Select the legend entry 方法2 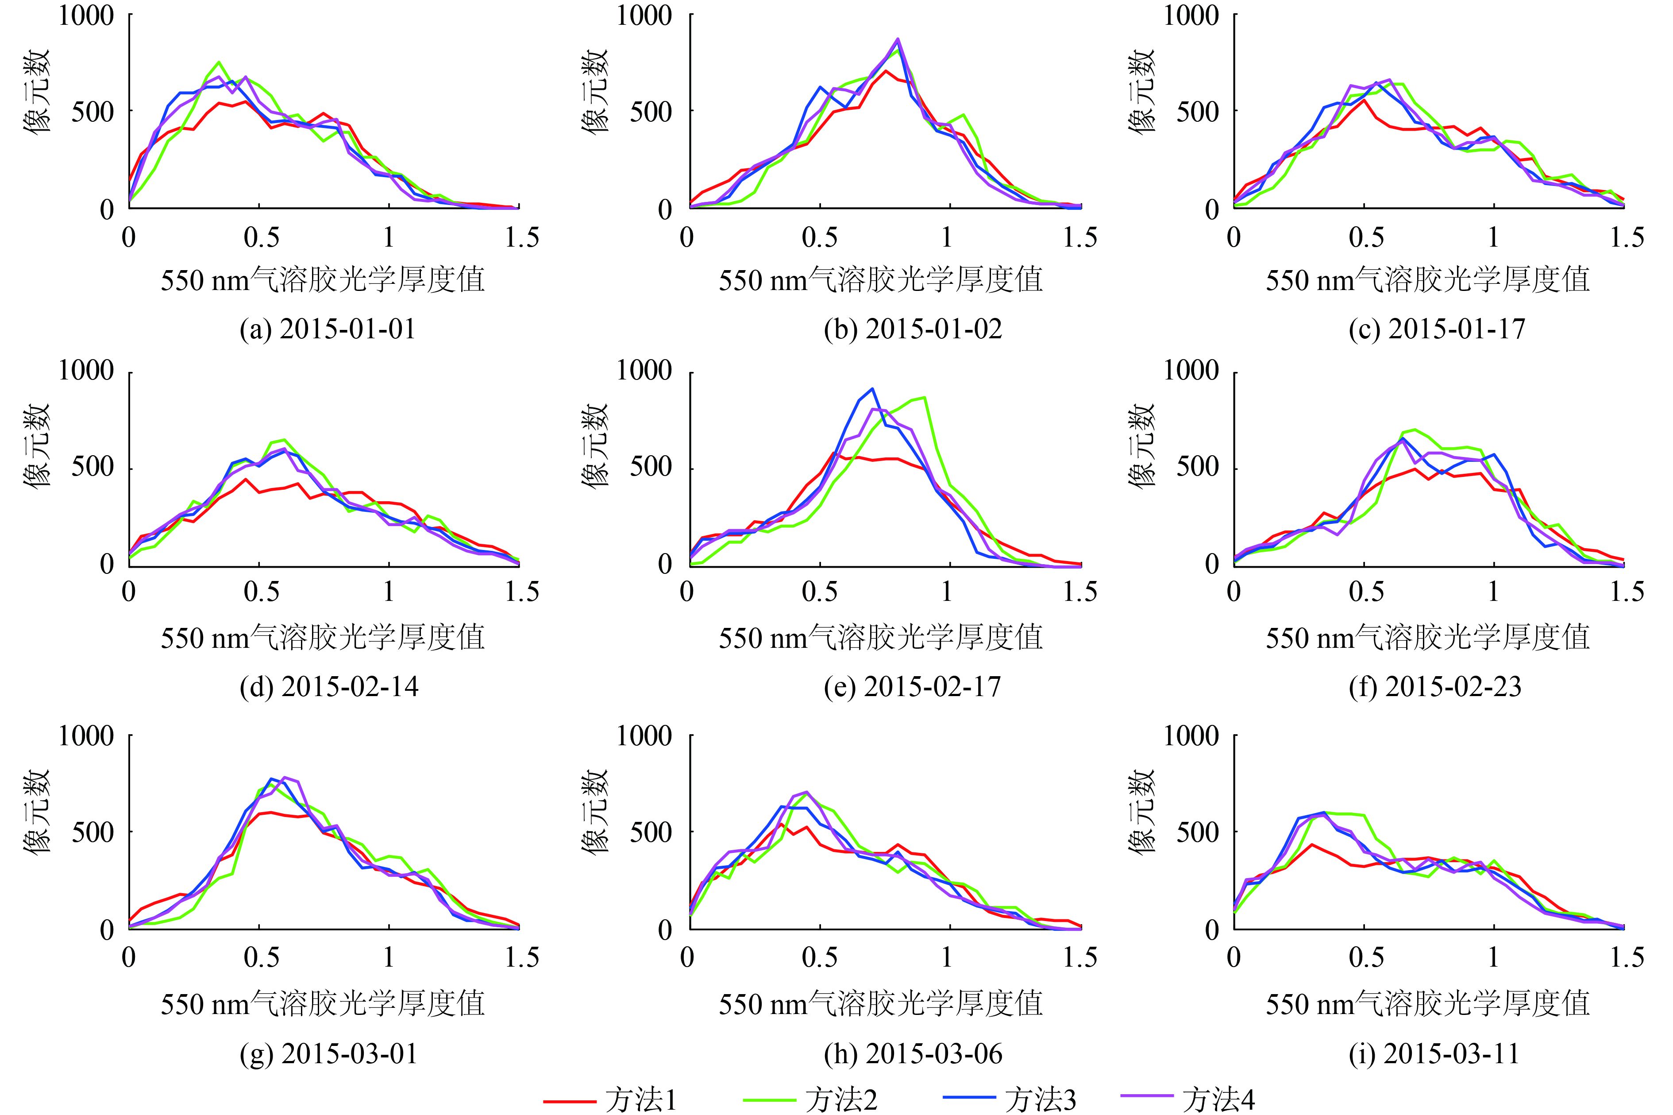tap(811, 1100)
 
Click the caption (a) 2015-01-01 tap(328, 329)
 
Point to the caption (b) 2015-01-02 tap(913, 329)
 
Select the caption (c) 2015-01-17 tap(1437, 329)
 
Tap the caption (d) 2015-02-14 tap(329, 687)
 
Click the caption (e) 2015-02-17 tap(913, 687)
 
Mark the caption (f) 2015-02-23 tap(1436, 687)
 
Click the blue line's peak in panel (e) tap(872, 389)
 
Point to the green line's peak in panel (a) tap(220, 62)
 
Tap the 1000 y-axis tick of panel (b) tap(643, 15)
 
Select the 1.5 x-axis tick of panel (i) tap(1626, 958)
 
